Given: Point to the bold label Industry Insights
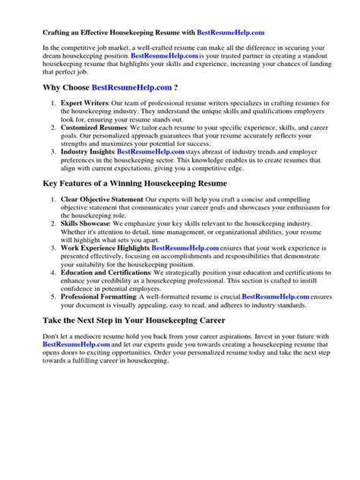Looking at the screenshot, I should coord(87,151).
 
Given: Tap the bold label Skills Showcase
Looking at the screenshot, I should coord(87,224).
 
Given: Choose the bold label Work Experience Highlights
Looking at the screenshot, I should coord(106,248).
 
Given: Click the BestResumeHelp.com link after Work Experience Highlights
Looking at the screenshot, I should coord(185,248).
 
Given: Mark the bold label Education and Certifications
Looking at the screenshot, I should coord(106,272).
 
